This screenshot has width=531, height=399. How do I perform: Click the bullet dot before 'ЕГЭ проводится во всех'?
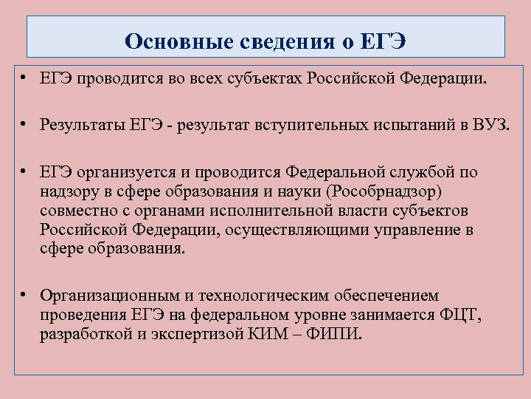click(x=25, y=78)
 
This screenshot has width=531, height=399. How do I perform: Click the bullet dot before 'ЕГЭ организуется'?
click(x=25, y=171)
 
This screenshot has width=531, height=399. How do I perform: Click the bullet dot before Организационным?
click(x=25, y=294)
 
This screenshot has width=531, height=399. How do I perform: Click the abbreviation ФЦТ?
click(x=459, y=315)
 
